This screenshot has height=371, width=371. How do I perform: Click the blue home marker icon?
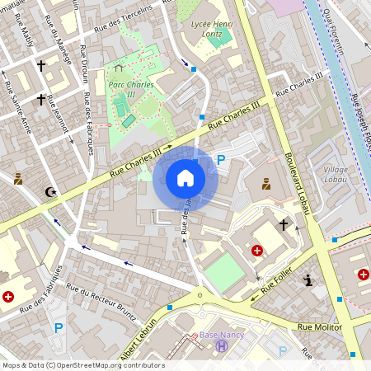click(185, 178)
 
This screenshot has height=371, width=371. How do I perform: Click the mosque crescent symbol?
click(49, 193)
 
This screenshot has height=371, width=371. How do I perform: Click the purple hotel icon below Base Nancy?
click(221, 346)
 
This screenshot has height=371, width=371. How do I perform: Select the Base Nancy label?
click(221, 335)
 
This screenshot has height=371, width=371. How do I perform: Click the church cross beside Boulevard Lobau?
click(284, 223)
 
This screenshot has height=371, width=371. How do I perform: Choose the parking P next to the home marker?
click(220, 159)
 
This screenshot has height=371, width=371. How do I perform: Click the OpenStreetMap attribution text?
click(83, 365)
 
